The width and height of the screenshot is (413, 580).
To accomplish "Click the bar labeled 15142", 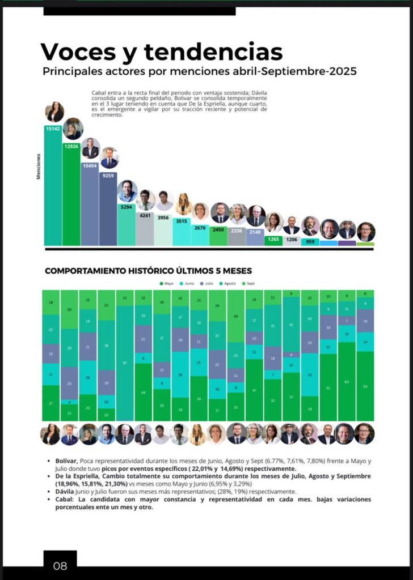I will (x=53, y=187).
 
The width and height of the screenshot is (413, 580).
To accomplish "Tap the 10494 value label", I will (x=90, y=165).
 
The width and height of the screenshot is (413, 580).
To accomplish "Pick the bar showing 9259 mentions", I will (x=108, y=210).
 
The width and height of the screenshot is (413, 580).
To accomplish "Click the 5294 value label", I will (x=127, y=207).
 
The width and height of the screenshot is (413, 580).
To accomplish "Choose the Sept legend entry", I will (x=248, y=283).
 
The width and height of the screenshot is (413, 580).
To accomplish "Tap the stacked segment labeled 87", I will (x=125, y=362).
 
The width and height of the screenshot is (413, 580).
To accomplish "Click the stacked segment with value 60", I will (x=347, y=381).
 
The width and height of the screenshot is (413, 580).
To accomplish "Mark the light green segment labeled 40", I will (x=236, y=316).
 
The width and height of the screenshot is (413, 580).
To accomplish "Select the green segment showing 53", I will (x=365, y=386).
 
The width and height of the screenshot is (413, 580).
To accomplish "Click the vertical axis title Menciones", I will (x=39, y=167).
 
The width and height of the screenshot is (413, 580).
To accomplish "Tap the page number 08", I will (x=60, y=565).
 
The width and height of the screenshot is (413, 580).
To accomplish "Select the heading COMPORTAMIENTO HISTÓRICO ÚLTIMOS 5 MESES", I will (x=148, y=271).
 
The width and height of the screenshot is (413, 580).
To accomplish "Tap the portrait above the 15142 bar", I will (x=54, y=112).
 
